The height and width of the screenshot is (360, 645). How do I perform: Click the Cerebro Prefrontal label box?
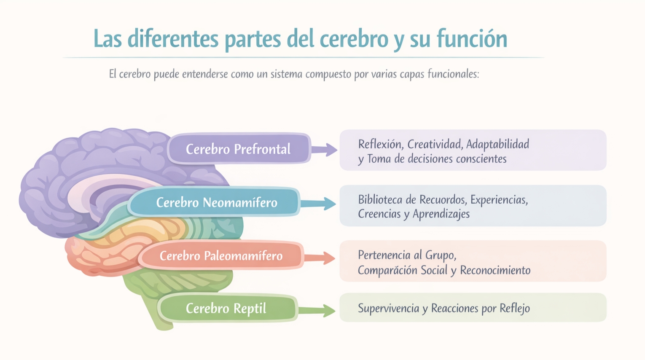[239, 149]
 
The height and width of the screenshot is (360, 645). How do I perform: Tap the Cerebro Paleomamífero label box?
[221, 256]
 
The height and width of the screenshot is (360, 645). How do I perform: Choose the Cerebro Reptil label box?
[226, 308]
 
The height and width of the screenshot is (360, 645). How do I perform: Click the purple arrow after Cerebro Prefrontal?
[325, 149]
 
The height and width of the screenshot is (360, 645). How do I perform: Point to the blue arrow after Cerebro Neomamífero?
[319, 204]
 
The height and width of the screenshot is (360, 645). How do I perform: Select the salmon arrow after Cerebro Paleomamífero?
[320, 258]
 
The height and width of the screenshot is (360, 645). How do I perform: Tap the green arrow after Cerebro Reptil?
[317, 311]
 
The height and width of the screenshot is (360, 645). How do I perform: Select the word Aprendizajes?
[441, 214]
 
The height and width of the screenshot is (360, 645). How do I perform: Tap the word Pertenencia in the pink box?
[384, 255]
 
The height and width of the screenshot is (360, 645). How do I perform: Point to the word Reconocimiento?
[495, 270]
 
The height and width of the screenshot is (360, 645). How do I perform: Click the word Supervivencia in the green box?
[387, 308]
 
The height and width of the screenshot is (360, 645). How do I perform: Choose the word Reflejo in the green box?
[514, 308]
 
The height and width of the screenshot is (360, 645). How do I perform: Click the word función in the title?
[472, 39]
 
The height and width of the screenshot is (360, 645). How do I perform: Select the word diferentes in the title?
[173, 39]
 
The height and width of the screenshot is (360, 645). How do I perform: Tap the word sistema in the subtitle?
[287, 74]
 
